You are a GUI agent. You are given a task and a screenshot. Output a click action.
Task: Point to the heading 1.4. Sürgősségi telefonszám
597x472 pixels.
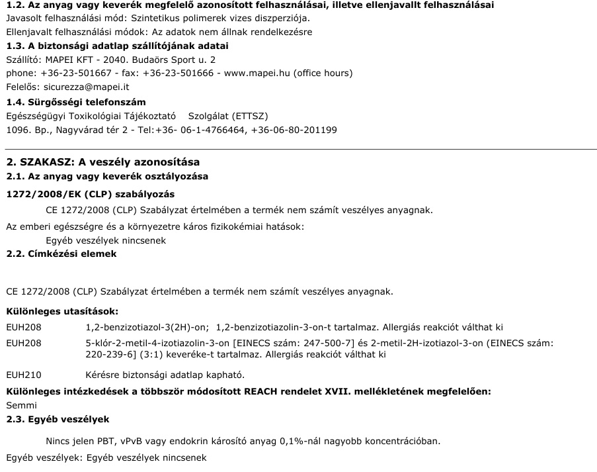tap(76, 102)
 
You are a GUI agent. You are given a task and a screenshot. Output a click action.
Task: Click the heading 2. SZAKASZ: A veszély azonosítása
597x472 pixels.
tap(102, 163)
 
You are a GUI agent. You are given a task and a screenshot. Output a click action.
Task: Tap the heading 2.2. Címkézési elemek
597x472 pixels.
tap(61, 254)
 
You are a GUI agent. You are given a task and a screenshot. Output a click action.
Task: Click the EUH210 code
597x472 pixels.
tap(24, 375)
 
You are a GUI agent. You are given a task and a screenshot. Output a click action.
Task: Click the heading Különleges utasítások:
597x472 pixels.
tap(62, 311)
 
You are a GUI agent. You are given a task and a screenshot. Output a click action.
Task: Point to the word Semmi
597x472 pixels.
tap(21, 404)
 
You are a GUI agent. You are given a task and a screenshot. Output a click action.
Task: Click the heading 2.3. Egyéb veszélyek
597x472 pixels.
tap(58, 420)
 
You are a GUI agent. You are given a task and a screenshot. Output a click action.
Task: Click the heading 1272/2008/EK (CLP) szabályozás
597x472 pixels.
tap(90, 195)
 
